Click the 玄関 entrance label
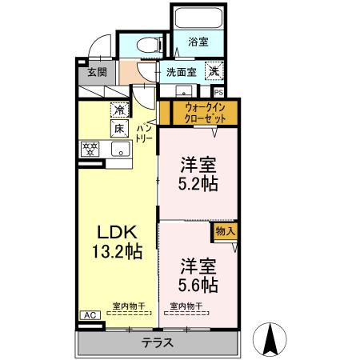[96, 71]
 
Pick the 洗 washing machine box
[214, 71]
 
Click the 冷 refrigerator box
[118, 110]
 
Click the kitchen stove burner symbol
[90, 149]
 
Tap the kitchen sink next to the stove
[121, 150]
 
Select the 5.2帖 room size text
[199, 184]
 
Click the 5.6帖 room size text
[199, 283]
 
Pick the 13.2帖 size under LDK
[118, 251]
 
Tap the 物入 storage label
[224, 231]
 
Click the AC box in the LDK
[90, 315]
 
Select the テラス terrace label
[158, 342]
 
